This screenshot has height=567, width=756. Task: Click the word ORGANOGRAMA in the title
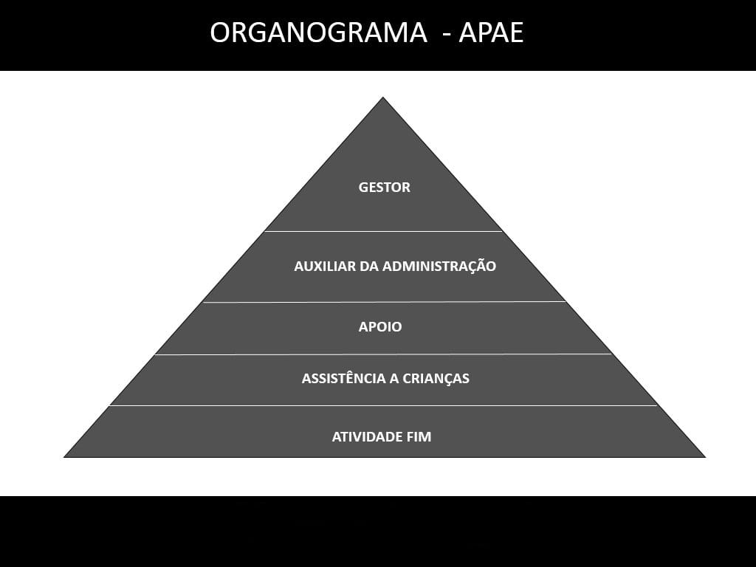[318, 33]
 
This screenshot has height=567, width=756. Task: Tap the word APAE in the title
[491, 33]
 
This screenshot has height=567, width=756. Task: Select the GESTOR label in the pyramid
[384, 188]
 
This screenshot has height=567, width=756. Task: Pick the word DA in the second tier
[368, 267]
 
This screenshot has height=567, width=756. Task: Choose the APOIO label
[380, 327]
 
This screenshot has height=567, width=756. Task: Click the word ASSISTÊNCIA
[343, 379]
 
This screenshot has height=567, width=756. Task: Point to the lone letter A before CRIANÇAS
[395, 379]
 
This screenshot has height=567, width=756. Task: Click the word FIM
[419, 437]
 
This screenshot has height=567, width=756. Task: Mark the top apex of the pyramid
[382, 98]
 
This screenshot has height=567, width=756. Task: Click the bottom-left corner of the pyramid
[65, 456]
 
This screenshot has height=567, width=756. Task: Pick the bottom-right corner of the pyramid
[704, 456]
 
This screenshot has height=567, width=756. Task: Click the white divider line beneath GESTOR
[383, 231]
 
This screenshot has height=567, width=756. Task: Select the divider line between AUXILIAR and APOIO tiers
[384, 302]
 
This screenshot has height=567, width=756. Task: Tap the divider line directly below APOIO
[383, 354]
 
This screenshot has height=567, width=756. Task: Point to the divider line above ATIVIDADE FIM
[383, 405]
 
